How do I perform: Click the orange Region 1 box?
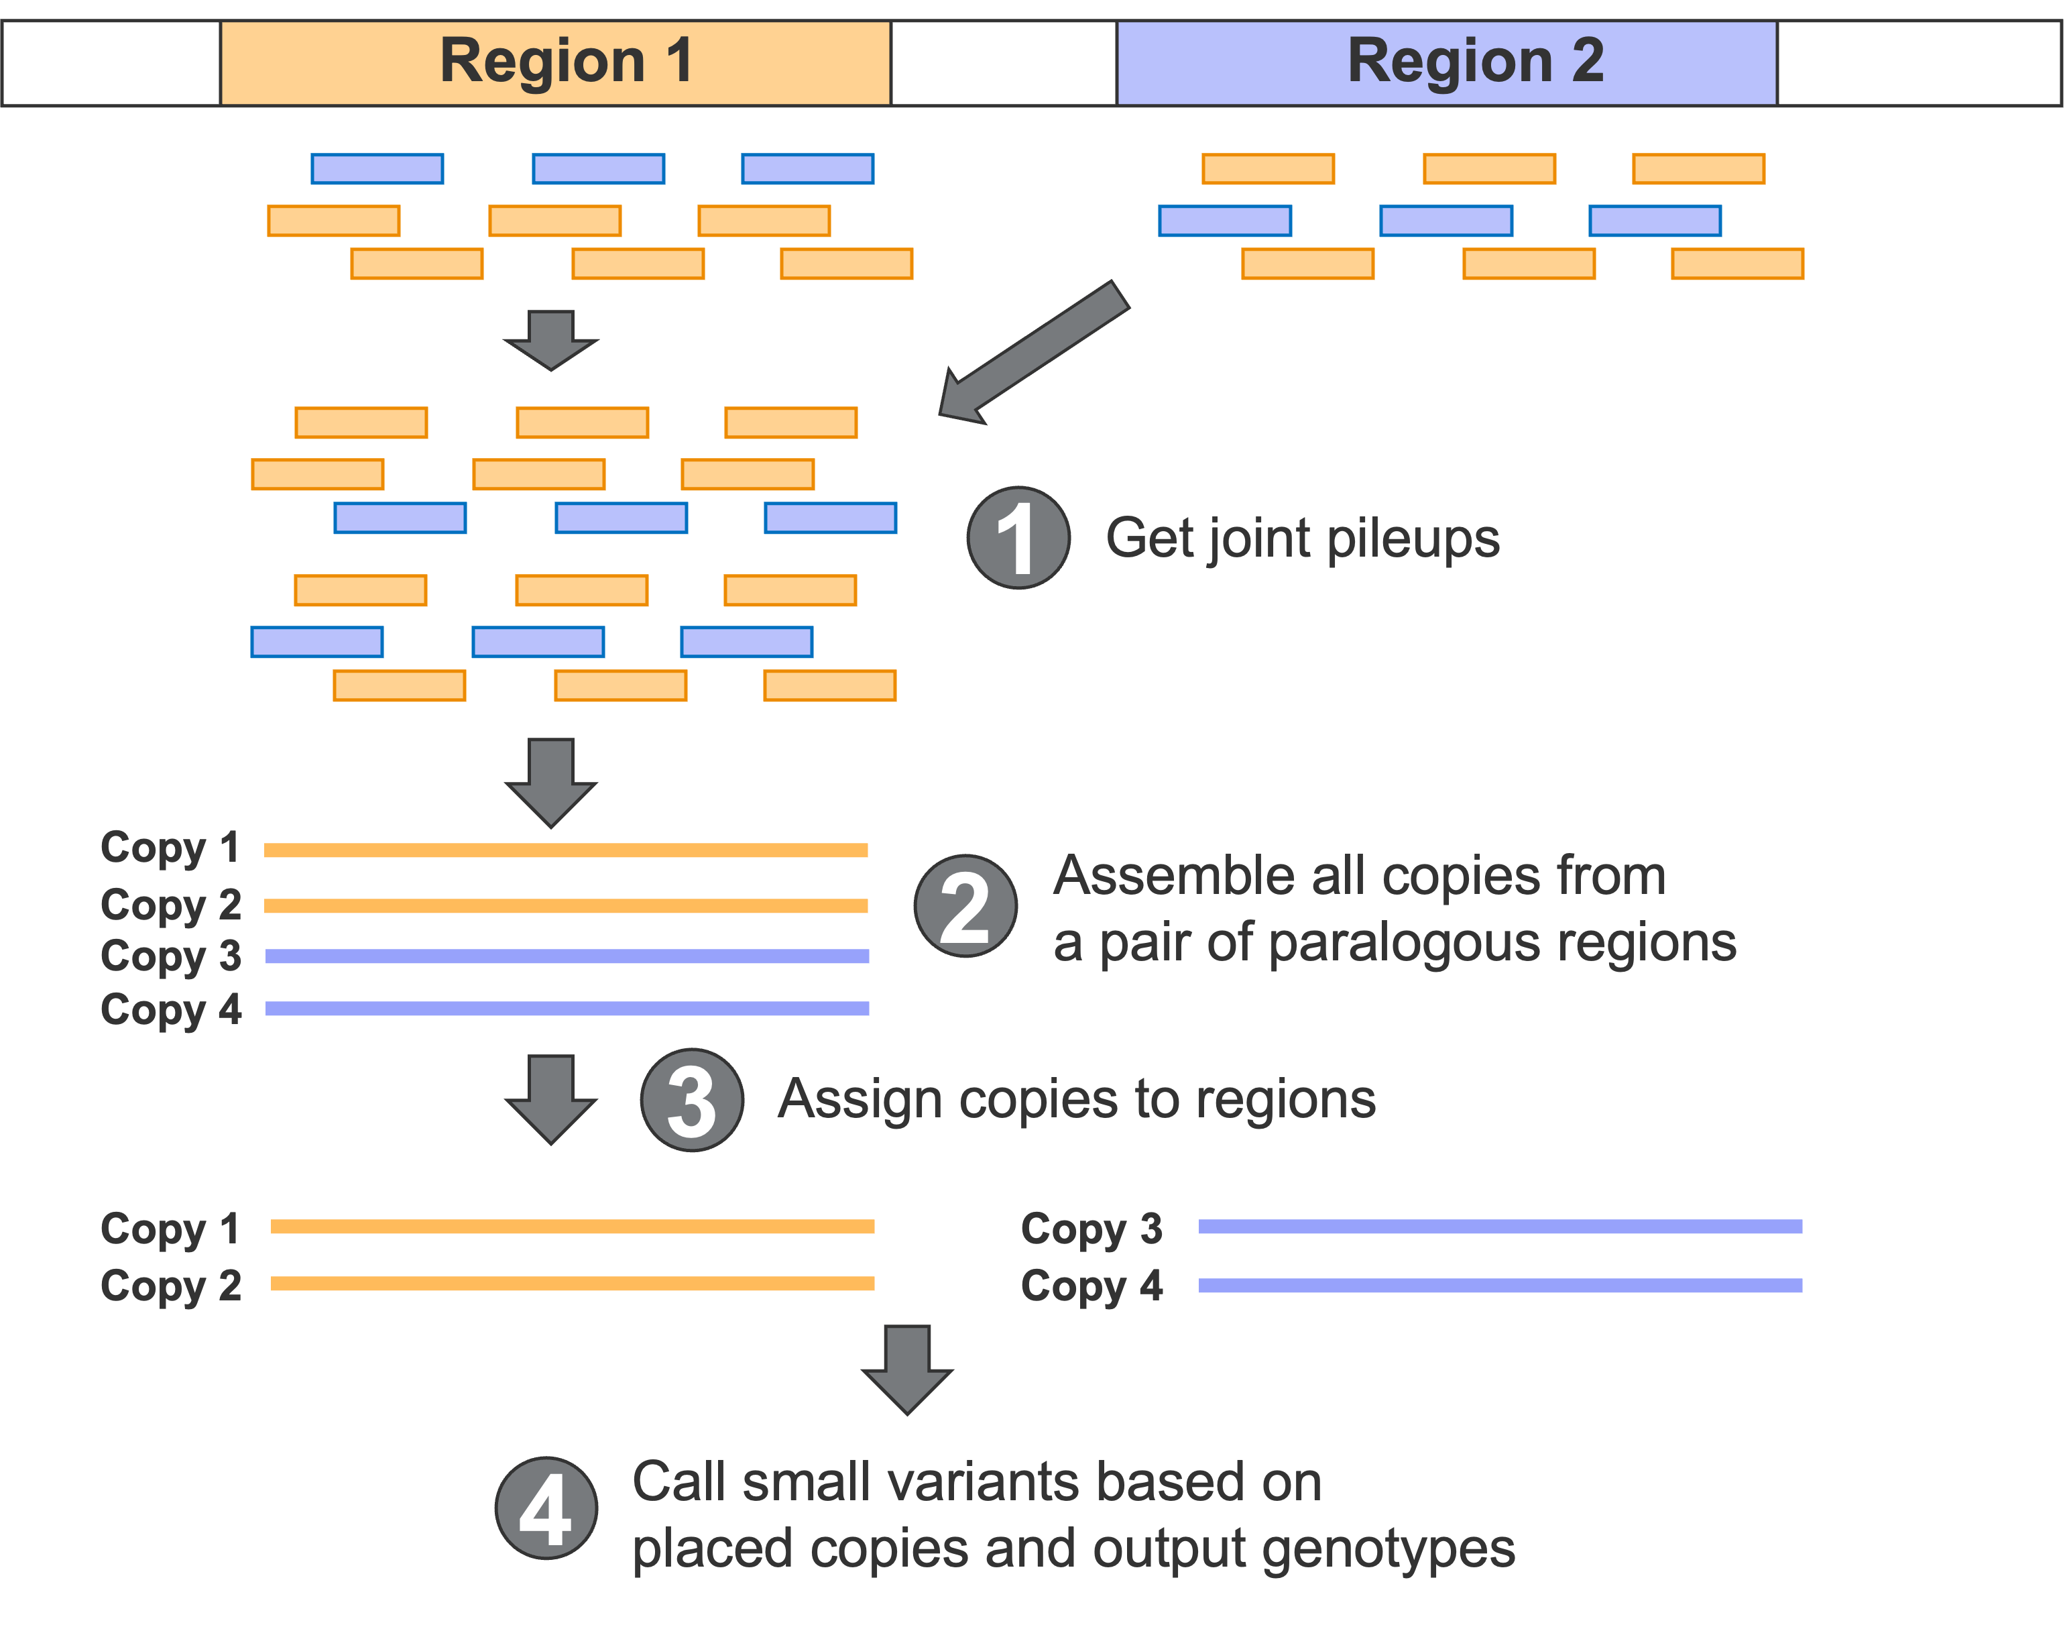pyautogui.click(x=556, y=63)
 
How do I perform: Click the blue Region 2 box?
pyautogui.click(x=1446, y=63)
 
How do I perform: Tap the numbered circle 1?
pyautogui.click(x=1018, y=538)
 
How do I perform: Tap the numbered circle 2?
pyautogui.click(x=965, y=906)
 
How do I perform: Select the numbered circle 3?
pyautogui.click(x=691, y=1100)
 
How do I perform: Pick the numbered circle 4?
pyautogui.click(x=546, y=1508)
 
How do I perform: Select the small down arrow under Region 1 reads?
pyautogui.click(x=551, y=339)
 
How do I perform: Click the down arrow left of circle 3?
pyautogui.click(x=551, y=1098)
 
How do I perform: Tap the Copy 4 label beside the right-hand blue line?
pyautogui.click(x=1091, y=1286)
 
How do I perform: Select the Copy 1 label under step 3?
pyautogui.click(x=170, y=1229)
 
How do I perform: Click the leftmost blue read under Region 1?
pyautogui.click(x=377, y=169)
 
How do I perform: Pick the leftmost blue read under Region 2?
pyautogui.click(x=1225, y=221)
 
